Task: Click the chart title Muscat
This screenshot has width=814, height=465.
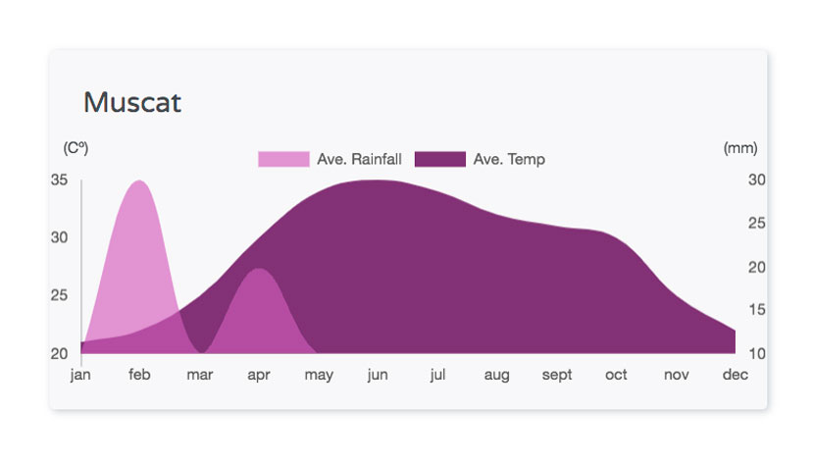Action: point(132,102)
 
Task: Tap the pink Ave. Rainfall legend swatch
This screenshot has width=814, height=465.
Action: point(283,159)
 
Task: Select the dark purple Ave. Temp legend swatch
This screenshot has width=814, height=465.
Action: point(440,159)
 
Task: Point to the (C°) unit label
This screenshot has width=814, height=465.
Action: point(76,148)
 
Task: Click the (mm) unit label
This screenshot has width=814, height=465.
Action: point(740,148)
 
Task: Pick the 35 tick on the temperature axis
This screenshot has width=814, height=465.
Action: point(59,180)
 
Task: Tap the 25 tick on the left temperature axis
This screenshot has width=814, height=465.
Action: point(59,295)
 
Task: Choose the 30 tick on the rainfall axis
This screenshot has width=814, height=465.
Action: point(756,180)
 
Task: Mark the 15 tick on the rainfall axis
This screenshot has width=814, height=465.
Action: point(756,310)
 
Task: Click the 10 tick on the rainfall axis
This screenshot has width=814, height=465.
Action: point(756,354)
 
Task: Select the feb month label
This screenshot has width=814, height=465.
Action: point(139,374)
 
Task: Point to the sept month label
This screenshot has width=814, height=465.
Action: point(556,375)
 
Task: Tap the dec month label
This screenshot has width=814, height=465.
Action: point(736,374)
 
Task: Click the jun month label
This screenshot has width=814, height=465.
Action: point(378,375)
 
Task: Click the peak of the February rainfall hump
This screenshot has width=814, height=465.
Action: point(139,181)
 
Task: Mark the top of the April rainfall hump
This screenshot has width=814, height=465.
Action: point(258,268)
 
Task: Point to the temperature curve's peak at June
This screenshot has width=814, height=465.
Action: point(378,181)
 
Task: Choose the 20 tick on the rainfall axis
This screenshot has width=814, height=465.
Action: point(756,267)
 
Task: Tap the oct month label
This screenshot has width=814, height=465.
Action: point(616,374)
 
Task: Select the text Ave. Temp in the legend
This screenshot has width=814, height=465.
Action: point(509,159)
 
